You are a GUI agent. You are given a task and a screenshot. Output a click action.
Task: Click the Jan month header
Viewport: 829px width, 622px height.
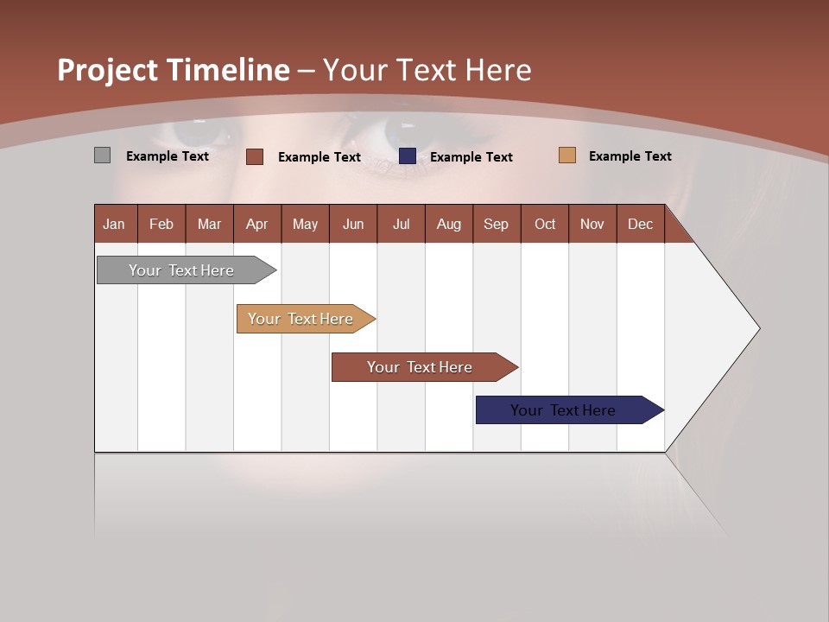pos(114,224)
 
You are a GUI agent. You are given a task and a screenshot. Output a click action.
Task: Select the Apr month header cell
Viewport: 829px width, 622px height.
pos(257,224)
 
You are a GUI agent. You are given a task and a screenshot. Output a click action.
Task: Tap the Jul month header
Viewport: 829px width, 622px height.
pos(401,224)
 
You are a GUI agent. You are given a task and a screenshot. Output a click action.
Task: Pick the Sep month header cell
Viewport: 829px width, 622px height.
pos(496,224)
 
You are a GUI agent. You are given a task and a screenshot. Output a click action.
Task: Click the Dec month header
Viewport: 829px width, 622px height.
pos(640,224)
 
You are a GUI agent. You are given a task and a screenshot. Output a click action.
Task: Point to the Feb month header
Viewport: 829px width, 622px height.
pos(161,224)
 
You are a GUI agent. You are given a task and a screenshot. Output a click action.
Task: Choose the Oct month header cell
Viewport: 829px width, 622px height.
pos(545,224)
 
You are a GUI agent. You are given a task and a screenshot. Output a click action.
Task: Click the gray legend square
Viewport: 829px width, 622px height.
pos(102,155)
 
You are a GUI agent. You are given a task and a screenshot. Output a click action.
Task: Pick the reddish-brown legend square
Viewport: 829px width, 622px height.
pos(255,156)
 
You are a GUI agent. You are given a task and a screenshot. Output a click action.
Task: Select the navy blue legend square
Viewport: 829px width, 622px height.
pos(408,155)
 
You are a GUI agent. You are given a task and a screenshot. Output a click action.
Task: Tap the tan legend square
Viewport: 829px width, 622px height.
pos(567,155)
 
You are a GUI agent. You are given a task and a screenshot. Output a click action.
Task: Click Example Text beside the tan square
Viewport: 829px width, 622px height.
pos(630,156)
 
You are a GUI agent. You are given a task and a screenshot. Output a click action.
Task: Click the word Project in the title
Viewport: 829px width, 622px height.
pos(108,71)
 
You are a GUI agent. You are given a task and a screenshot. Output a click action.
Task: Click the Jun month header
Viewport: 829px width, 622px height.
pos(353,224)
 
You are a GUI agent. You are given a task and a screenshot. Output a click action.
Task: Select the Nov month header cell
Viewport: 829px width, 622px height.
pos(592,224)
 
